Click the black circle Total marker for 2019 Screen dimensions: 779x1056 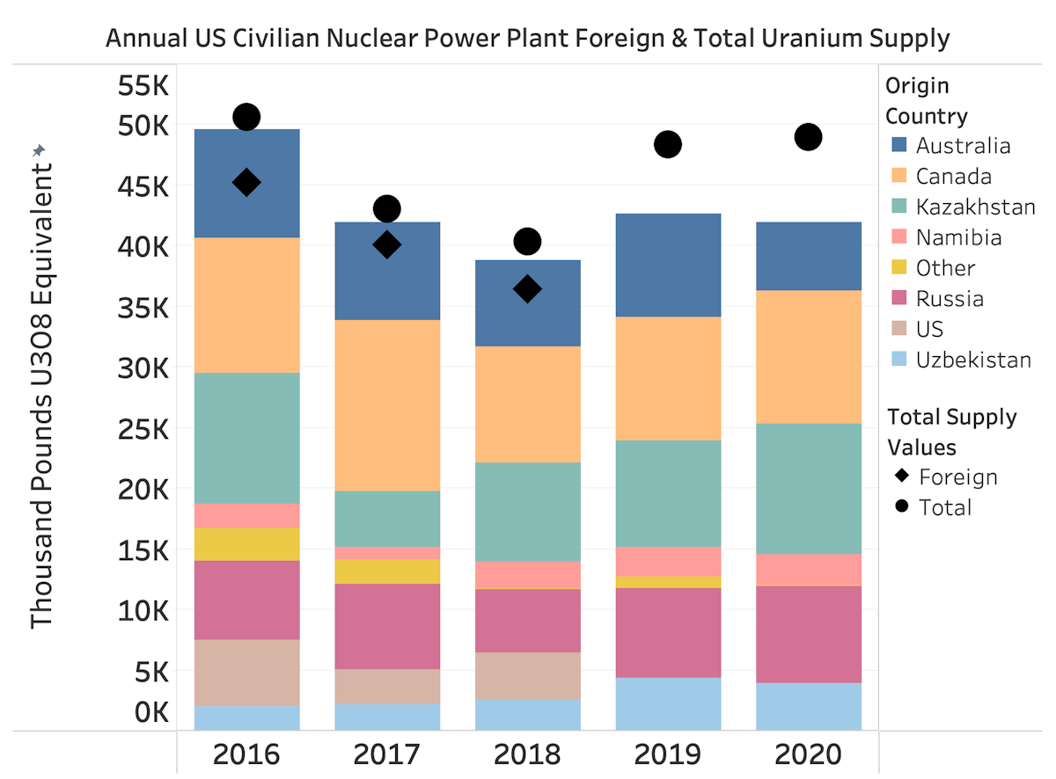[668, 144]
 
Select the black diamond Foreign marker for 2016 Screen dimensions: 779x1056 [246, 182]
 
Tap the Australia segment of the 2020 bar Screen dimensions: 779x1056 [809, 256]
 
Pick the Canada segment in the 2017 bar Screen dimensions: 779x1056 [387, 404]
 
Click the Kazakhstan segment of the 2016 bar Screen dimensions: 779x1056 [246, 438]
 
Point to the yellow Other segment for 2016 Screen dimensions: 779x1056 [246, 543]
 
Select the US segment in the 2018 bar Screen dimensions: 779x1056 [527, 675]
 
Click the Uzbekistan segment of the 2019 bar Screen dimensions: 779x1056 [668, 703]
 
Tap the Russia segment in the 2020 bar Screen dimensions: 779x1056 [809, 634]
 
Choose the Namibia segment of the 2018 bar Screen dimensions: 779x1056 [527, 575]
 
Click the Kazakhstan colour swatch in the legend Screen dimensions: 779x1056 [898, 207]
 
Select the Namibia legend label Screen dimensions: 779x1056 [958, 237]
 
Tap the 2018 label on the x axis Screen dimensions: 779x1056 [527, 754]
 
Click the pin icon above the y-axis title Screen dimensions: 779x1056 [38, 151]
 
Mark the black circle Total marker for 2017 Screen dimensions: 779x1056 [387, 208]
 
